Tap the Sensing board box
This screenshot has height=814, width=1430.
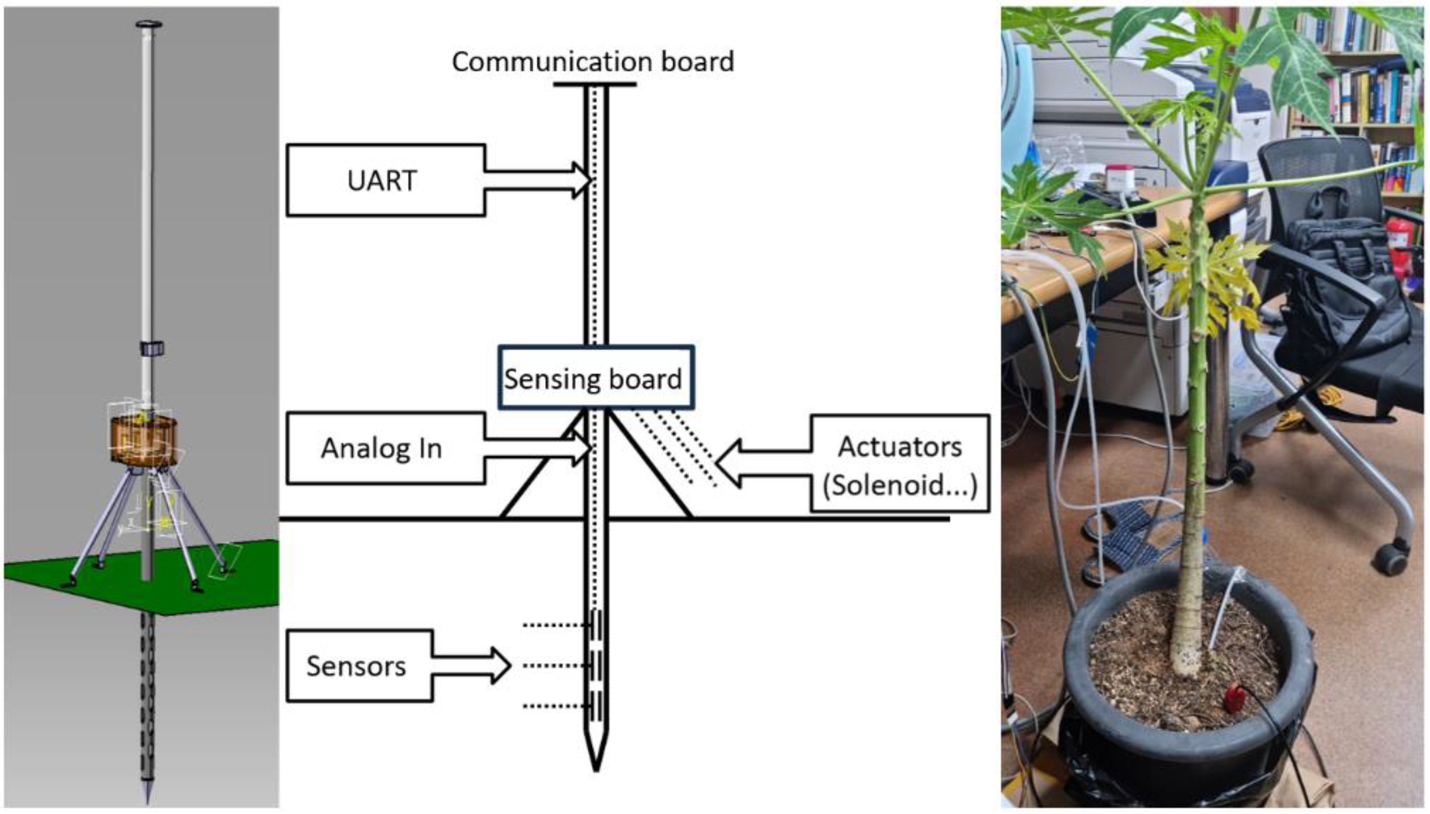[595, 379]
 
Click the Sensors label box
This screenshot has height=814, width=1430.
[359, 666]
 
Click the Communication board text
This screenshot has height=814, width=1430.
[593, 62]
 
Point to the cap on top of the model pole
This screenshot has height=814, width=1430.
[148, 24]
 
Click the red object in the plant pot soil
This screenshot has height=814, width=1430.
[1233, 699]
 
